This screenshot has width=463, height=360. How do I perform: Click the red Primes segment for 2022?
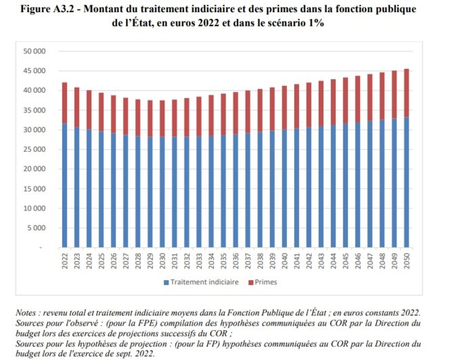click(64, 103)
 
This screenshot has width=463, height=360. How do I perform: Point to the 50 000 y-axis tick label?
click(33, 51)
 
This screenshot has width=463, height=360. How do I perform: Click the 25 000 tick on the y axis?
click(33, 150)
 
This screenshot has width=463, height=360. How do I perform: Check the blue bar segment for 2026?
click(113, 189)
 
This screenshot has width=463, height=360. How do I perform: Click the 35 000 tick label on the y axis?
click(33, 110)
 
